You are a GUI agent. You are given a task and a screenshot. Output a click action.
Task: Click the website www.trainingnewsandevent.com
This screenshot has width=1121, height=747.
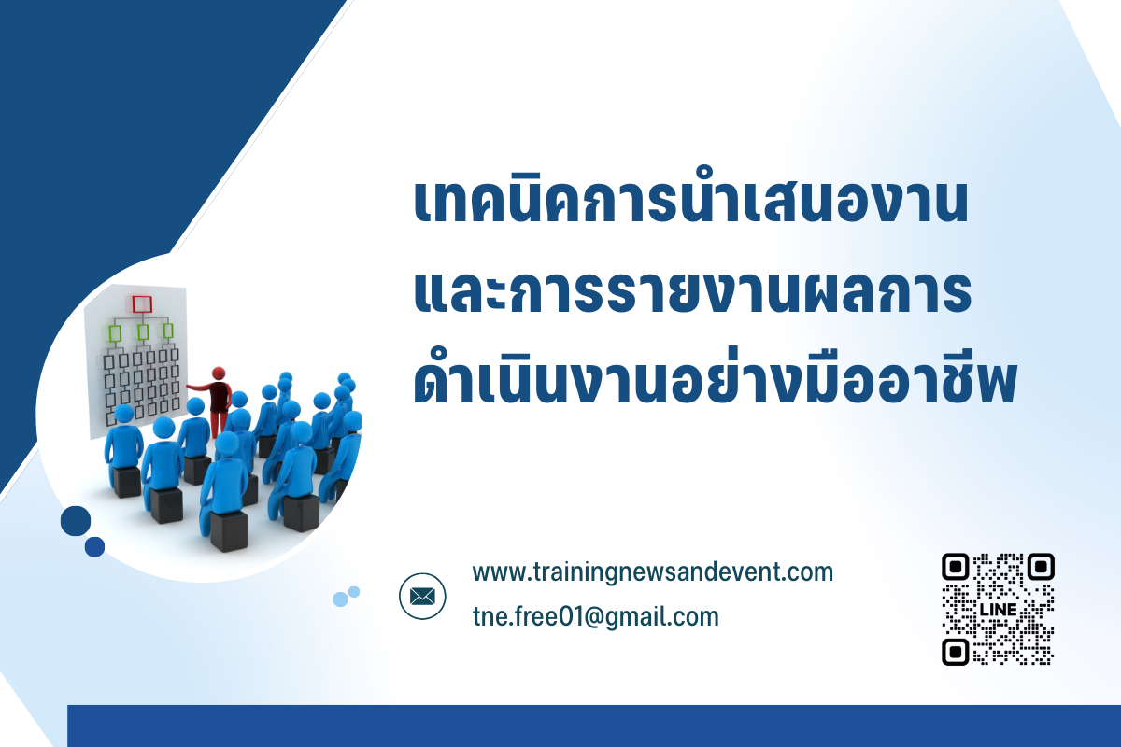point(653,573)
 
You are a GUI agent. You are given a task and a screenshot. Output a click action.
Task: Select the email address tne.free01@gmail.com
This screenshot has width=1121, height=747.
point(596,617)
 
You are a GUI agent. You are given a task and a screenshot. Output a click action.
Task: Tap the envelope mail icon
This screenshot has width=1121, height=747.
point(422,597)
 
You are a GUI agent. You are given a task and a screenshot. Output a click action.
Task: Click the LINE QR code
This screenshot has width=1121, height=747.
point(998,610)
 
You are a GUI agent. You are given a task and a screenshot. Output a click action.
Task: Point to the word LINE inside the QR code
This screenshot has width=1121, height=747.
point(998,610)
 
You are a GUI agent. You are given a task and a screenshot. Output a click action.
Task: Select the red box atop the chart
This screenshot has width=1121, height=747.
point(142,304)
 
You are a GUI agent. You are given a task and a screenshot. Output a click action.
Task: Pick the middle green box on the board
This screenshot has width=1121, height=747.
point(143,331)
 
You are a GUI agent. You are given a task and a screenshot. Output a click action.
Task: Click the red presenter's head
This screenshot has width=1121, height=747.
point(219,373)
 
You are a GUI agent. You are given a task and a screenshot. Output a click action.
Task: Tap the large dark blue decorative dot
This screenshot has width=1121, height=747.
point(76,521)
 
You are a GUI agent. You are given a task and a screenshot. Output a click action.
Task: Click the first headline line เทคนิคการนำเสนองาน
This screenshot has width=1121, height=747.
point(690,199)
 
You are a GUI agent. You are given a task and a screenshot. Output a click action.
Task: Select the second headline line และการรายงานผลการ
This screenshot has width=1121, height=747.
point(692,291)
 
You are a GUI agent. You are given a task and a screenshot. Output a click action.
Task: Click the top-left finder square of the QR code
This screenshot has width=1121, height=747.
point(956,567)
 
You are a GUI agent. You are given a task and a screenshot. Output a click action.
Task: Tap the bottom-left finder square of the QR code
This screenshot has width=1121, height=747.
point(956,652)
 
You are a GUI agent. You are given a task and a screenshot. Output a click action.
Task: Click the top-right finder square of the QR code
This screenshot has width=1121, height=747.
point(1041,567)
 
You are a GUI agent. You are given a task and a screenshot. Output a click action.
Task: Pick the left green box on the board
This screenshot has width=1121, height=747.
point(115,333)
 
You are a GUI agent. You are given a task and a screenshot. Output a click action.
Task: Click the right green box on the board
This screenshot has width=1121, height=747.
point(168,331)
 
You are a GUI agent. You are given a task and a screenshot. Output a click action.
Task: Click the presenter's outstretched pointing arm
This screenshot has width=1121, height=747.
point(199,387)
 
